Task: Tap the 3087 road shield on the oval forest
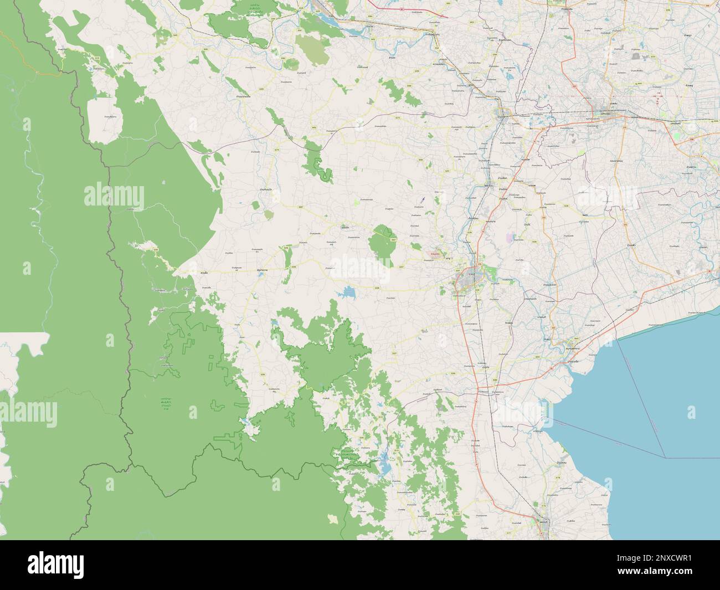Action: click(x=393, y=239)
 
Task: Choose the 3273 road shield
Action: click(x=397, y=117)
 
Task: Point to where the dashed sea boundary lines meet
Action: click(x=665, y=457)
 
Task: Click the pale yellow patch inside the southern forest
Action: click(x=332, y=519)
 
